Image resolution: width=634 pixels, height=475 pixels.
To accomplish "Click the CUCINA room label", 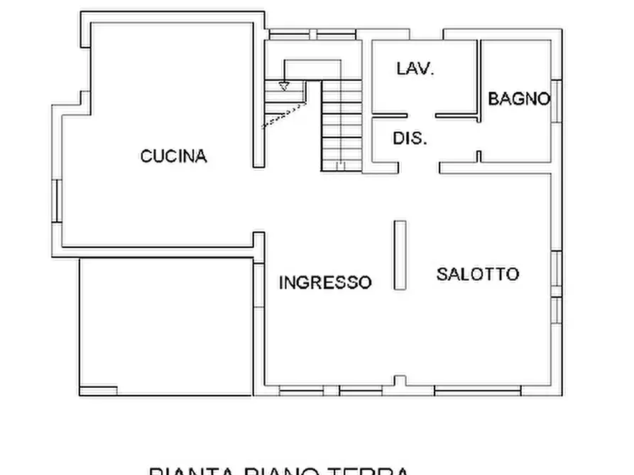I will point(173,156).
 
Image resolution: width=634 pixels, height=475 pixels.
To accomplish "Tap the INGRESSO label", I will point(324,282).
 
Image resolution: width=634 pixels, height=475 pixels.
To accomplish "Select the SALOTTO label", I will point(477,274).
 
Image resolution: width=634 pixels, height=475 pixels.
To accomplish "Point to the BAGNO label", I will point(519,99).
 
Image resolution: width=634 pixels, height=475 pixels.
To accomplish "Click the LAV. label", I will point(415,69).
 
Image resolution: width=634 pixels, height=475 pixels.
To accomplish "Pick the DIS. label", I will point(410,138).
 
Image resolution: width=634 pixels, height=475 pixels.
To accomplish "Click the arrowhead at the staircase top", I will point(284,87).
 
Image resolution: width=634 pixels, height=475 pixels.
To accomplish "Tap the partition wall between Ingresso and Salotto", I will point(400,255).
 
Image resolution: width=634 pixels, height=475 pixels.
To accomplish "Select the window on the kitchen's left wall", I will point(57,201).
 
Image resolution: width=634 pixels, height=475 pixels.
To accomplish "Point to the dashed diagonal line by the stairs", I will point(284,116).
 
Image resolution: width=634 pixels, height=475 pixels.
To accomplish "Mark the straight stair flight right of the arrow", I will point(341,125).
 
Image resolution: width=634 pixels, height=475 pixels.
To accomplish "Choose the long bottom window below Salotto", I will point(477,391).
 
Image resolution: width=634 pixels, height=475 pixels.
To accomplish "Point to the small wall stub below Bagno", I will point(479,156).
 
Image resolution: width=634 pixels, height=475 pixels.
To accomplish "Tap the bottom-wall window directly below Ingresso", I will point(302,391).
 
